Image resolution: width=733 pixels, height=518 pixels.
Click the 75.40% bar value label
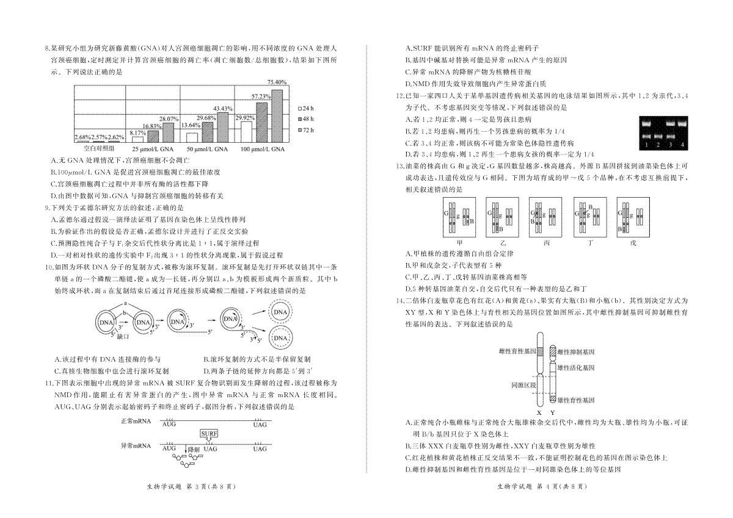[x=277, y=82]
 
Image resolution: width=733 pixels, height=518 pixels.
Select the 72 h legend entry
[x=306, y=130]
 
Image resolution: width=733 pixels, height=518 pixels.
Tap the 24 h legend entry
[x=306, y=109]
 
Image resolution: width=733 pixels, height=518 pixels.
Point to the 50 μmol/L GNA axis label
[x=207, y=149]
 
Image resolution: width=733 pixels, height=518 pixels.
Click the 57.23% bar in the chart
[x=262, y=122]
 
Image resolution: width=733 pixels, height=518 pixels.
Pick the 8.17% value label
[x=138, y=133]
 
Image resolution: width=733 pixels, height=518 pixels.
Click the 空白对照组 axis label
[x=99, y=149]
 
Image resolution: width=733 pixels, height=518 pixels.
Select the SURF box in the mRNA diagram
[x=209, y=434]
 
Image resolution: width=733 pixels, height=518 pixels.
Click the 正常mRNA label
[x=136, y=421]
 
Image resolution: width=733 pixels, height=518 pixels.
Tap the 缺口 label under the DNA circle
[x=123, y=337]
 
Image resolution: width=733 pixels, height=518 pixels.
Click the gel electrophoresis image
[x=663, y=133]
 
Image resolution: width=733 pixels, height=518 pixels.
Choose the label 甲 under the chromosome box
[x=459, y=243]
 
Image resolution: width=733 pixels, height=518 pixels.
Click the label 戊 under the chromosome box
[x=633, y=243]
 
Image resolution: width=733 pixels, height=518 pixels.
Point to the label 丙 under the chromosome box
[x=547, y=243]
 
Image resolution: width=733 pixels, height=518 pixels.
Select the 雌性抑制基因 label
[x=576, y=352]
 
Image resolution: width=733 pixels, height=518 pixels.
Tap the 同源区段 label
[x=523, y=386]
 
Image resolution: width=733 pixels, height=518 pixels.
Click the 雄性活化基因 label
[x=576, y=368]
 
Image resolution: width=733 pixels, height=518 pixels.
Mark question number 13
[x=400, y=167]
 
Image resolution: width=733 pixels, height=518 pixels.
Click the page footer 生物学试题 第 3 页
[x=191, y=487]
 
